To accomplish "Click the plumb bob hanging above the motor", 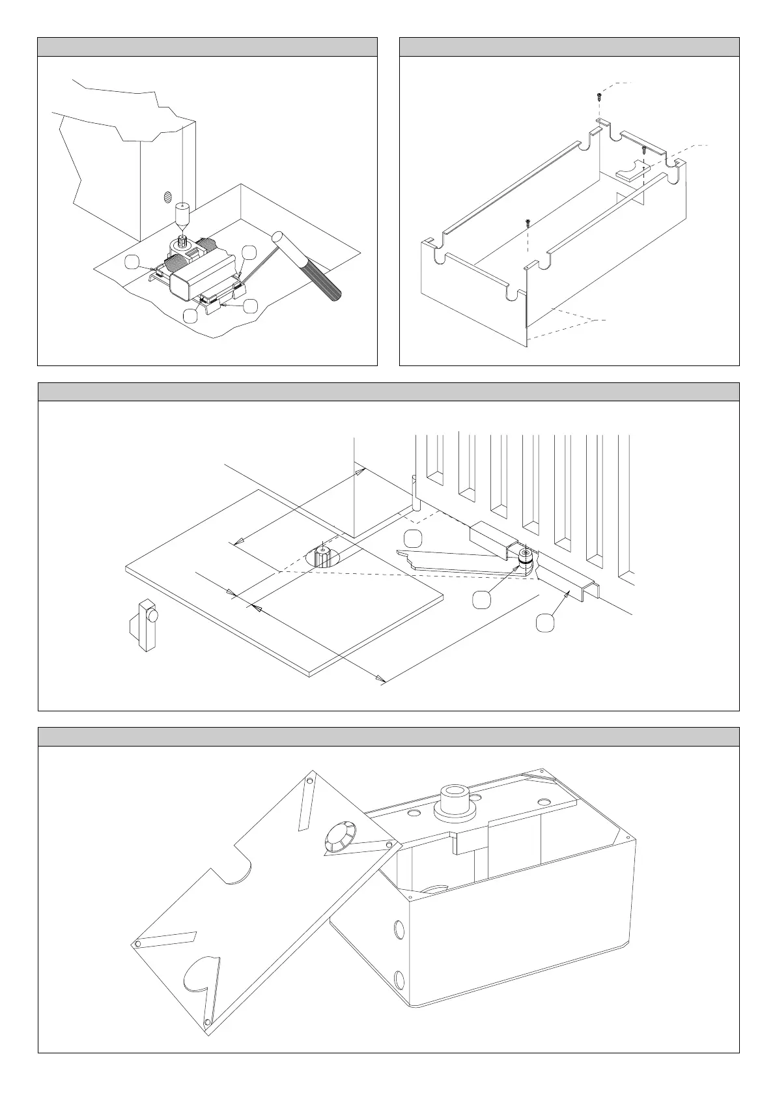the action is click(182, 214).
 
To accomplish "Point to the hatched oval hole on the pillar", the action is click(167, 196).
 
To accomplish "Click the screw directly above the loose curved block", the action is click(643, 150).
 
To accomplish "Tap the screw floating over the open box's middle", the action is click(528, 223).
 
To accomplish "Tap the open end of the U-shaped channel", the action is click(591, 590).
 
